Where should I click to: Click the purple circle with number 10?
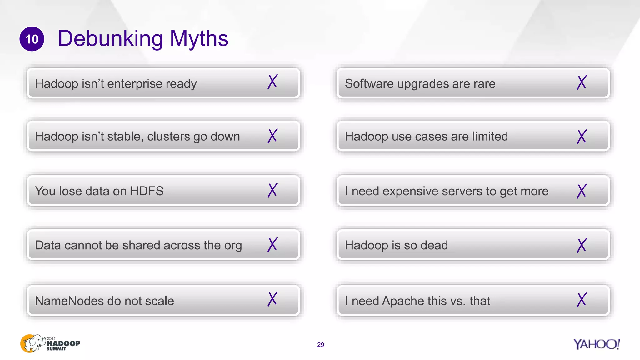coord(32,39)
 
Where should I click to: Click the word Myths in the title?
coord(199,38)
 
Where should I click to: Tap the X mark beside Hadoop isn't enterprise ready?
coord(272,82)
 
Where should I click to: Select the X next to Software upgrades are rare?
coord(582,82)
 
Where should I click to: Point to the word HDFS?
coord(147,191)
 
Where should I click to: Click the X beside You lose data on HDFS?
coord(272,190)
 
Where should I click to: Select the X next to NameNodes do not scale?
coord(272,299)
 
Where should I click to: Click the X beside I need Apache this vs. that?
coord(582,300)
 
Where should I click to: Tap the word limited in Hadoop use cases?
coord(490,136)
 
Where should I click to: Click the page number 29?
coord(321,345)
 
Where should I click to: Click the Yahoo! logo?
coord(596,344)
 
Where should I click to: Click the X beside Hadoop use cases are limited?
coord(582,137)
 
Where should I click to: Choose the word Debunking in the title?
coord(110,38)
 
